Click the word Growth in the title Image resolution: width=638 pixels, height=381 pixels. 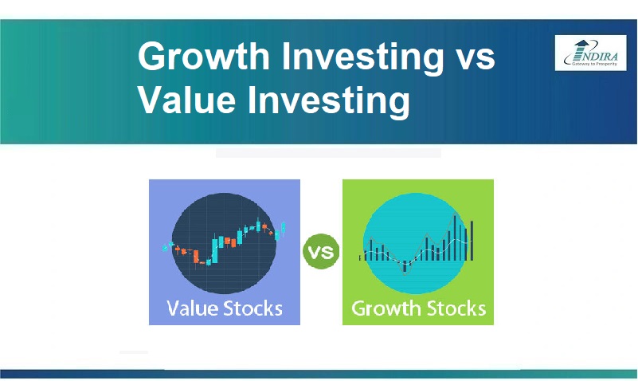click(x=204, y=57)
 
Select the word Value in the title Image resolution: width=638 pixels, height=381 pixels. click(x=186, y=100)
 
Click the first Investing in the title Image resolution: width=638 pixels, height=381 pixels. click(x=362, y=57)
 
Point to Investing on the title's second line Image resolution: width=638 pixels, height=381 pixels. click(x=329, y=101)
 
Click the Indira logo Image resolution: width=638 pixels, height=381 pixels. click(x=590, y=53)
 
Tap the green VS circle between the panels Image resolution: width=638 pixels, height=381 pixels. click(x=321, y=251)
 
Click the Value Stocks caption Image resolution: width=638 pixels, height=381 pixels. click(x=225, y=308)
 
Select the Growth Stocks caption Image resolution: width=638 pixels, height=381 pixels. click(x=419, y=308)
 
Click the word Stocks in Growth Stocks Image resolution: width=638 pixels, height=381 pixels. click(x=456, y=308)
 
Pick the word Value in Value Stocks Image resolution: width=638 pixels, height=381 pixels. click(x=192, y=308)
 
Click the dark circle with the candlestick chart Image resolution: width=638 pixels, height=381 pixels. click(x=224, y=243)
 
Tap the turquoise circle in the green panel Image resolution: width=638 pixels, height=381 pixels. click(x=415, y=243)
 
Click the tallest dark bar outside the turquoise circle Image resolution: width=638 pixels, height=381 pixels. click(x=472, y=241)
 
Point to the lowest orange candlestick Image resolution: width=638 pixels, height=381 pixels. click(x=196, y=257)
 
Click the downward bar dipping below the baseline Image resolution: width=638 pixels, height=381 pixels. click(x=405, y=266)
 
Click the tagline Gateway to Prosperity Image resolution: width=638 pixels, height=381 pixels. click(x=594, y=64)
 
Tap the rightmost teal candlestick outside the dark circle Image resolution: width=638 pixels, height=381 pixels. click(x=284, y=228)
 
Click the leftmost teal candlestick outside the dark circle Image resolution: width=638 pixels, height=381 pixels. click(x=165, y=247)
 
